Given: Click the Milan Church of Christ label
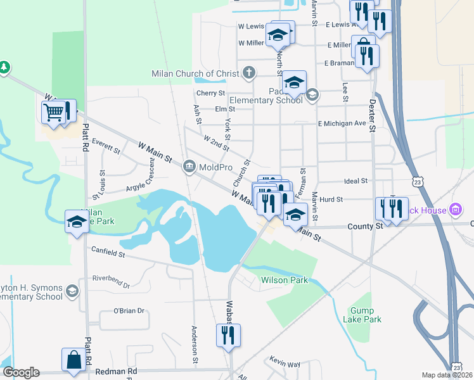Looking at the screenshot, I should pyautogui.click(x=195, y=73).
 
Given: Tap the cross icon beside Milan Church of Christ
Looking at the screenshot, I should pyautogui.click(x=248, y=72).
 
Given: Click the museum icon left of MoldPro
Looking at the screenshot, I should pyautogui.click(x=189, y=167).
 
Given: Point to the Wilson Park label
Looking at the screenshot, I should pyautogui.click(x=285, y=279).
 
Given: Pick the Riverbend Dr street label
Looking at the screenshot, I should pyautogui.click(x=111, y=281).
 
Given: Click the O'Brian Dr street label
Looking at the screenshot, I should pyautogui.click(x=129, y=311).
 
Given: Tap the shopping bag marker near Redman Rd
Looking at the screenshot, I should pyautogui.click(x=74, y=359).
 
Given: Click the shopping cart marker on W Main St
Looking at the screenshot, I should pyautogui.click(x=55, y=112).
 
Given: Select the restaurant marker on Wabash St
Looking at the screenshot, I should pyautogui.click(x=229, y=335).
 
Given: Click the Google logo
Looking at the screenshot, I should pyautogui.click(x=20, y=372).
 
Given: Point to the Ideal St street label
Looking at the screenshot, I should pyautogui.click(x=355, y=181).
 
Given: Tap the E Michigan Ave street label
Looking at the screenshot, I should pyautogui.click(x=342, y=123).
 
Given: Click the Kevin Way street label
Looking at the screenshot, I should pyautogui.click(x=285, y=364).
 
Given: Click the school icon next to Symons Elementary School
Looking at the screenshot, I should pyautogui.click(x=72, y=291).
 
